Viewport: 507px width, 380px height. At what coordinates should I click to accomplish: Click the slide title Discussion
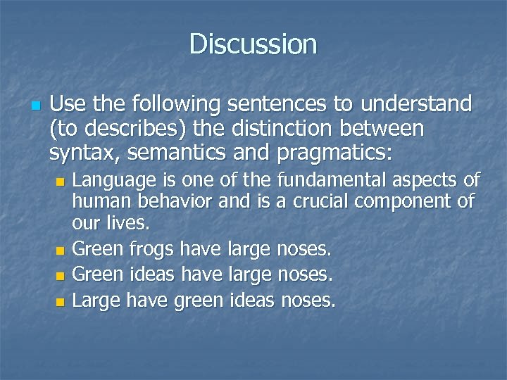point(254,44)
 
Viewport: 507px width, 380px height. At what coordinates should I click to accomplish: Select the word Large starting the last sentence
point(96,300)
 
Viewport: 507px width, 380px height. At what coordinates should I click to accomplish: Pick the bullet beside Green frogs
point(60,250)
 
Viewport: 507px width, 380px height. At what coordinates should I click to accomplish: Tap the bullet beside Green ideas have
point(60,276)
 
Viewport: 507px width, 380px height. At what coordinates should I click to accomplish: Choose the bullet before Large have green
point(60,302)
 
